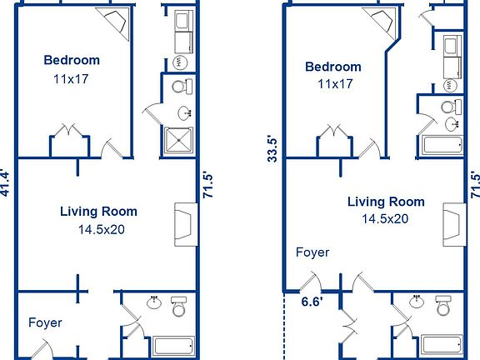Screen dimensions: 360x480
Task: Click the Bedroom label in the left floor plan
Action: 72,60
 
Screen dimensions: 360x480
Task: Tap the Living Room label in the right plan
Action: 385,202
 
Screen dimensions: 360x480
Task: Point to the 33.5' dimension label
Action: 272,147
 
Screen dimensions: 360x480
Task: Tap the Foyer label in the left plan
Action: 45,322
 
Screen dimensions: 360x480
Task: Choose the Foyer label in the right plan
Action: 312,252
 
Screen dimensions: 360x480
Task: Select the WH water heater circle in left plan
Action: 181,62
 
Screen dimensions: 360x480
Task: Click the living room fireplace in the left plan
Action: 183,225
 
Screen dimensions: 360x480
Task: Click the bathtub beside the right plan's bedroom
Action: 442,146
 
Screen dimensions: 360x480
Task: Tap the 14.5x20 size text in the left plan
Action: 98,229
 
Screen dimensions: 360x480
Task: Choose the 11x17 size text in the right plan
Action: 333,84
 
